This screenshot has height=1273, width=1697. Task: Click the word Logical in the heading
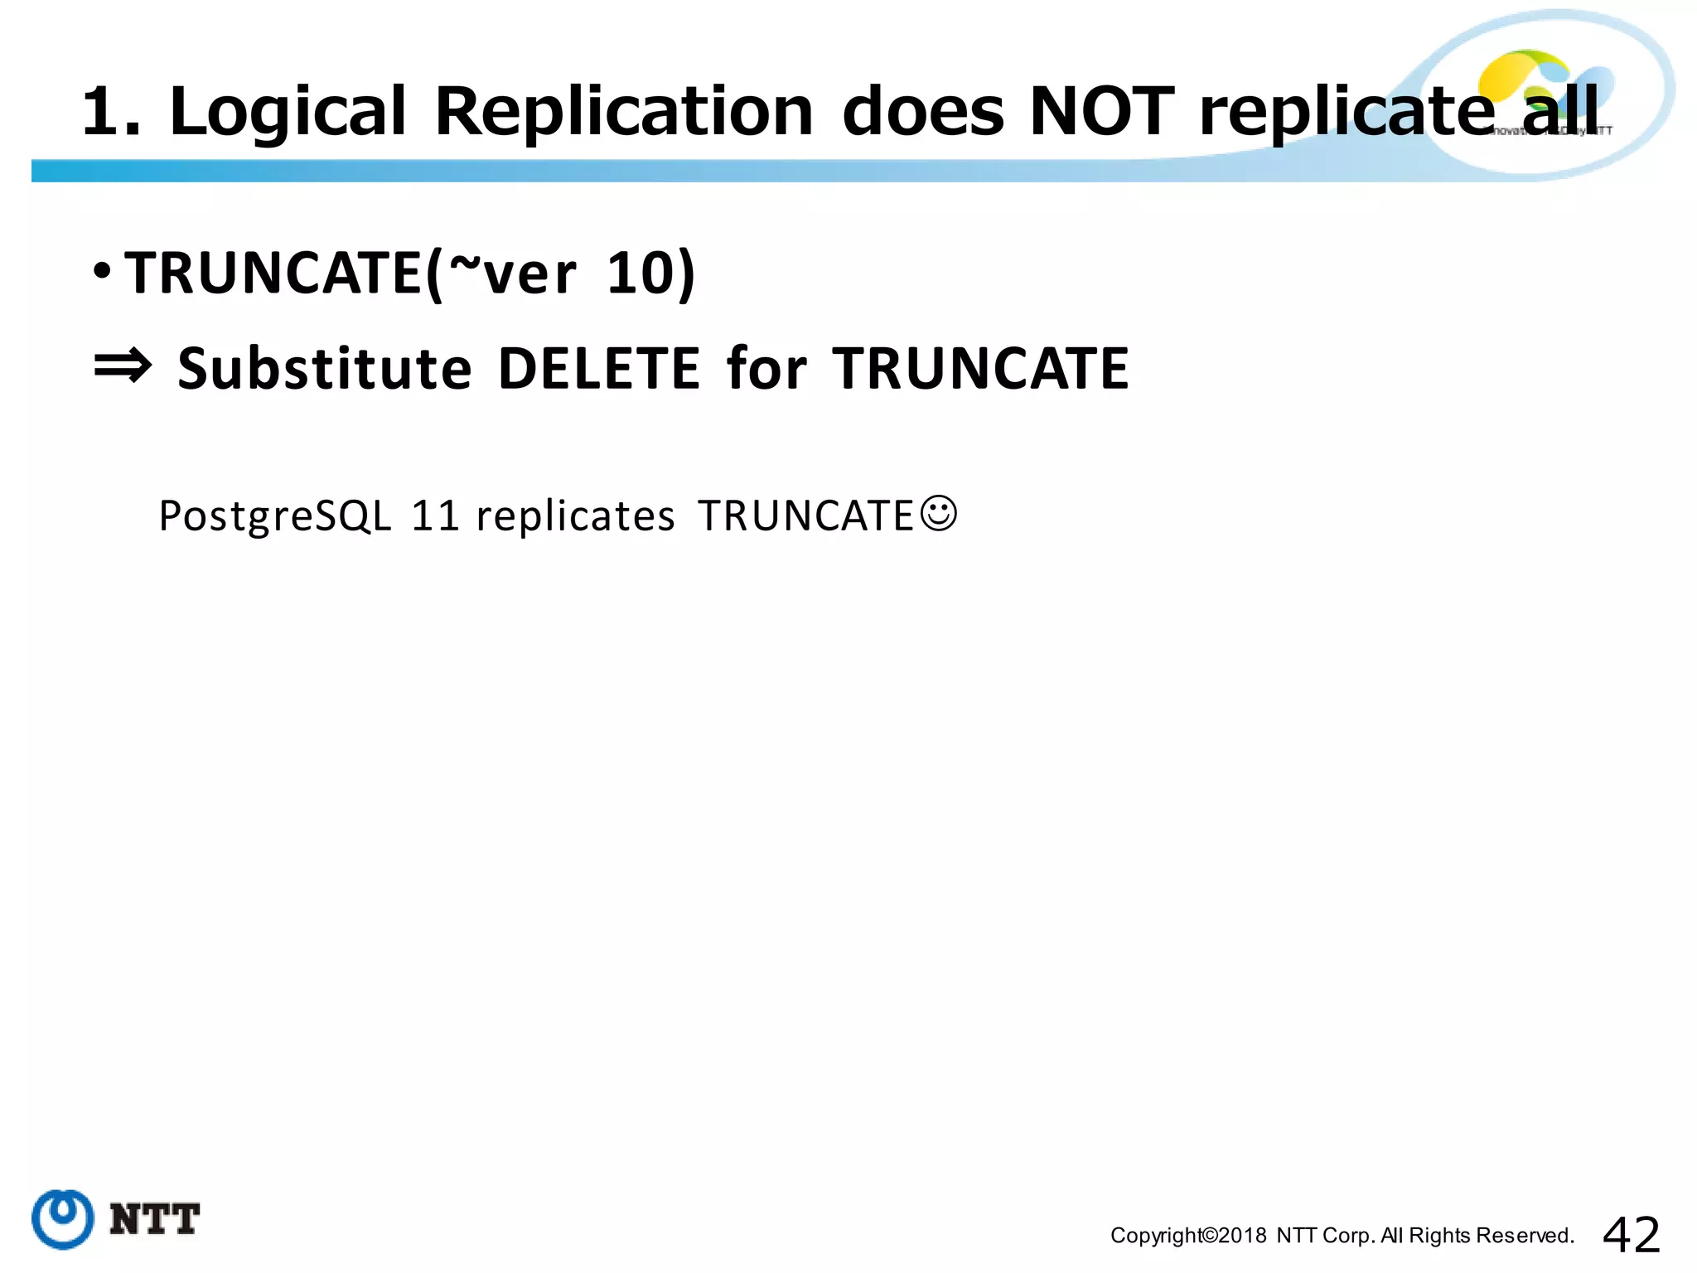pyautogui.click(x=288, y=113)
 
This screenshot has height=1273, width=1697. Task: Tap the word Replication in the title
pyautogui.click(x=624, y=113)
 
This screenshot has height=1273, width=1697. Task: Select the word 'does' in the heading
pyautogui.click(x=923, y=111)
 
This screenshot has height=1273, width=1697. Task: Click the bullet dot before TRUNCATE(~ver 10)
pyautogui.click(x=102, y=271)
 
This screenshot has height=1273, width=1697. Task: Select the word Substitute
pyautogui.click(x=325, y=369)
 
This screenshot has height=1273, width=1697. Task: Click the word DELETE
pyautogui.click(x=599, y=369)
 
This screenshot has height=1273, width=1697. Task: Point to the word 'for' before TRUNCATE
pyautogui.click(x=766, y=369)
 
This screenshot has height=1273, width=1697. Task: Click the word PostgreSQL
pyautogui.click(x=274, y=515)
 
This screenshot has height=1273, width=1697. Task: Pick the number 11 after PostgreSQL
pyautogui.click(x=435, y=515)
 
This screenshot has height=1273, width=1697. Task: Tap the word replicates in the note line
pyautogui.click(x=576, y=515)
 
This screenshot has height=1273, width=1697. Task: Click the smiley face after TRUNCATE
pyautogui.click(x=939, y=513)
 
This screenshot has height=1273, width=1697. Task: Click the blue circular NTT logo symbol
pyautogui.click(x=63, y=1219)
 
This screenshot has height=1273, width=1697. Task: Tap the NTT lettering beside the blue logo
pyautogui.click(x=155, y=1220)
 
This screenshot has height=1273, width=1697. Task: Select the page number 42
pyautogui.click(x=1631, y=1235)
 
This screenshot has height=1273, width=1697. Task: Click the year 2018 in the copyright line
pyautogui.click(x=1242, y=1236)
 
